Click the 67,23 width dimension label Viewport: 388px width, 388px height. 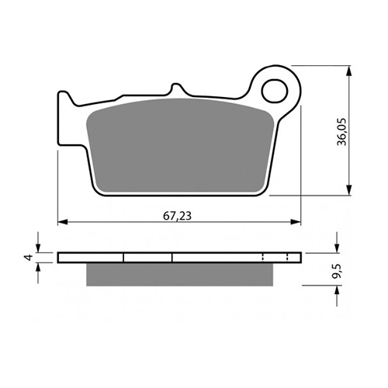coord(177,216)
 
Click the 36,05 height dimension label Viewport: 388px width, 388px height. coord(341,132)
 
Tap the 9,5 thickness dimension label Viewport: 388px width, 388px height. coord(337,272)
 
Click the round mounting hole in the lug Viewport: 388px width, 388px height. coord(275,91)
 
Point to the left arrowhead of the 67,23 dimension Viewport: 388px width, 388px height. coord(63,222)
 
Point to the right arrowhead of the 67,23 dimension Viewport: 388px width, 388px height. coord(296,222)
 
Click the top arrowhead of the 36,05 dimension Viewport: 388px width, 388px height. coord(349,71)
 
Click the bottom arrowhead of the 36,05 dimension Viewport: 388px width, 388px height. coord(349,190)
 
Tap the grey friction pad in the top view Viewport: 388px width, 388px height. coord(180,146)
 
